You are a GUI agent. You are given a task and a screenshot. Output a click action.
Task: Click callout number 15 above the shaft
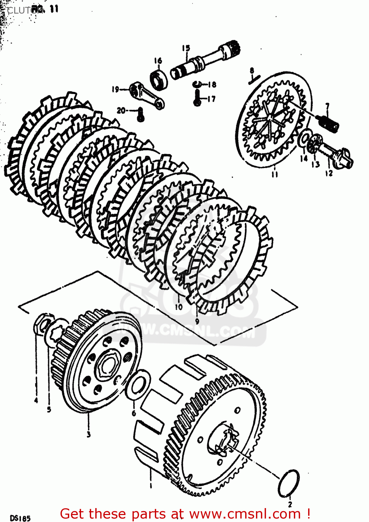click(186, 48)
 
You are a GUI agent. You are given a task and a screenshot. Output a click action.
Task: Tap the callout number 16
click(158, 61)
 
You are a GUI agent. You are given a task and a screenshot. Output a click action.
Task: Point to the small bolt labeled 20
click(140, 114)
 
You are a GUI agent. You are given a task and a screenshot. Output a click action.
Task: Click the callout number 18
click(211, 84)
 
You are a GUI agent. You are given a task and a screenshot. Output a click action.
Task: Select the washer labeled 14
click(304, 139)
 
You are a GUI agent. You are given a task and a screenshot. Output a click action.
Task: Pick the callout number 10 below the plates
click(178, 307)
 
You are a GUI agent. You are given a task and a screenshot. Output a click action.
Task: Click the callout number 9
click(197, 321)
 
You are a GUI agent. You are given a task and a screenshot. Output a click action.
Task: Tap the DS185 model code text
click(20, 518)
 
